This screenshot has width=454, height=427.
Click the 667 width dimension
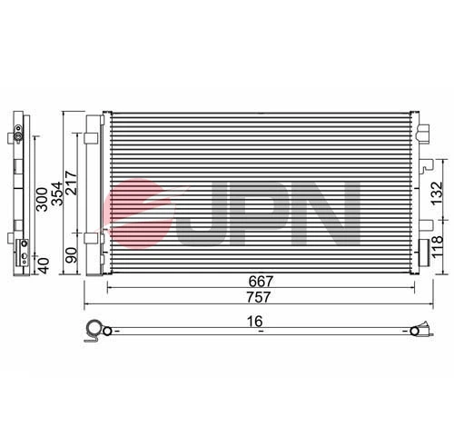[x=261, y=283]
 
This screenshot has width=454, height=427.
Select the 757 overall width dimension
[x=261, y=299]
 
